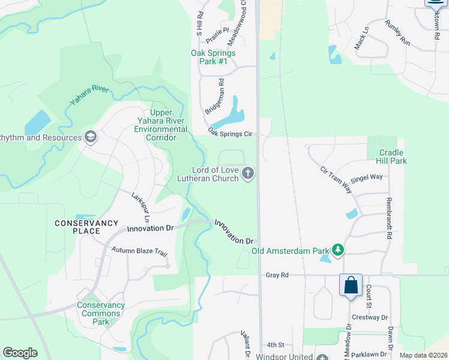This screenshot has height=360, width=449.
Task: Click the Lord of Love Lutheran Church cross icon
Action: point(249,174)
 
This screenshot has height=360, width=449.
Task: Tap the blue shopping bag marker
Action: point(351,285)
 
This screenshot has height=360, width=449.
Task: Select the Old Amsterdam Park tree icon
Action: point(338,250)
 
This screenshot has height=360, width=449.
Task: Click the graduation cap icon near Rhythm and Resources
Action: point(91,137)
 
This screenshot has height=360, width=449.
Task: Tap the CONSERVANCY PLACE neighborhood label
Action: point(86,227)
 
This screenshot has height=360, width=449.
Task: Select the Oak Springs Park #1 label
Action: point(212,57)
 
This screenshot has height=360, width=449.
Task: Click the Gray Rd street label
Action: point(277,275)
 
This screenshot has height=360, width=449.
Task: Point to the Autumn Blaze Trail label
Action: point(139,251)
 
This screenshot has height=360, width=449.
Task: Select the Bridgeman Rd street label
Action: point(213,97)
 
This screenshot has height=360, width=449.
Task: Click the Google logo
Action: point(20,353)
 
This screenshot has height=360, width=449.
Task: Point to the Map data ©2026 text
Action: point(423,355)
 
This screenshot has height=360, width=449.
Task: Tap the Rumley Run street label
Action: point(398,34)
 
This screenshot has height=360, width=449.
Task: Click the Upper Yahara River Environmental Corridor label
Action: point(160,125)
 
